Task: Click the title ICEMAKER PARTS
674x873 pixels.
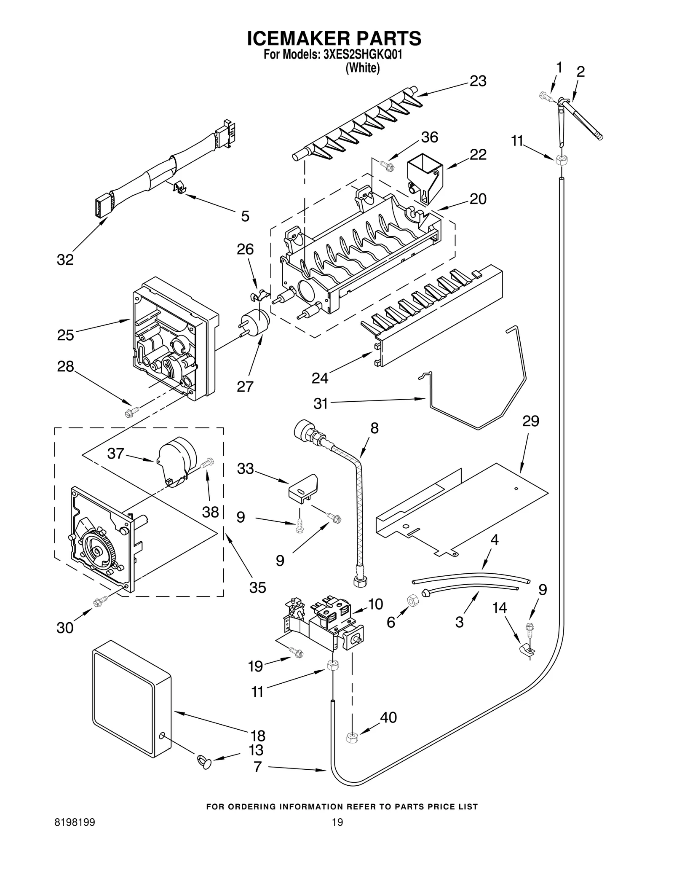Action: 334,38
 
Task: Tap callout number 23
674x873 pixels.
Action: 478,81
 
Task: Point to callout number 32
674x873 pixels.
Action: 65,260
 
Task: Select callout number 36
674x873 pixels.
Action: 429,137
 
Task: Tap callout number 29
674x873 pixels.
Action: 530,421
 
